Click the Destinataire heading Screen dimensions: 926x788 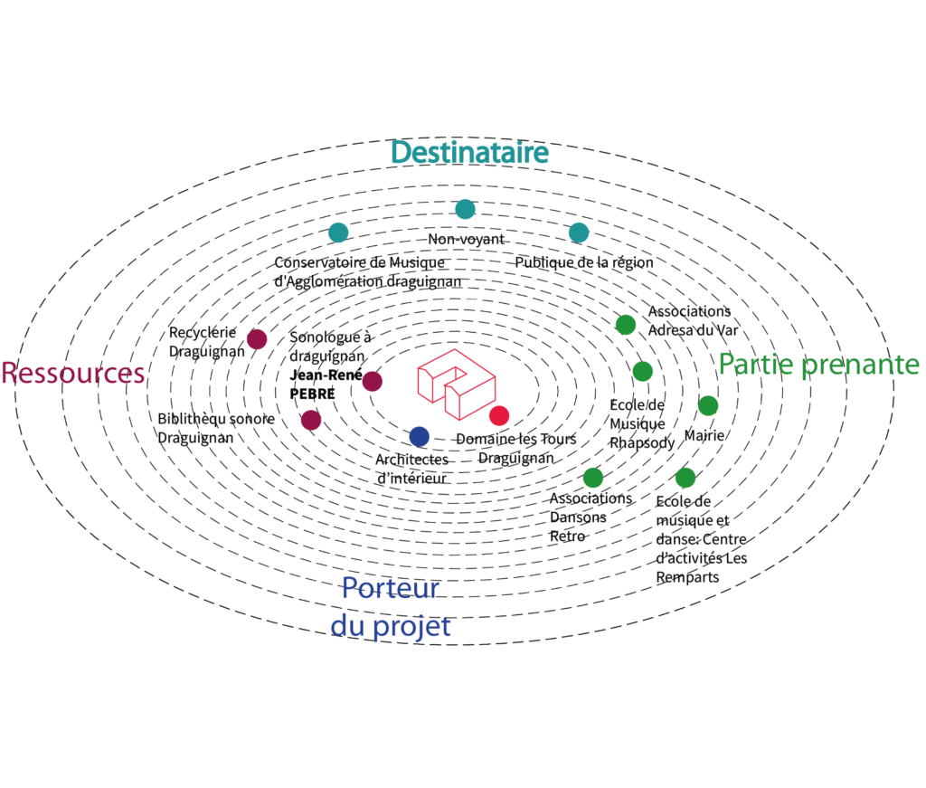(x=469, y=152)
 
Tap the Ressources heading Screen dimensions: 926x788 (x=73, y=374)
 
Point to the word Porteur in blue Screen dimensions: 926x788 (x=391, y=588)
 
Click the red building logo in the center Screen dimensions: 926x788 (x=457, y=384)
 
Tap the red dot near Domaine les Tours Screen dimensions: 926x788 (x=499, y=416)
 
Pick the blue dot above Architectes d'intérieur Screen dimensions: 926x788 (x=420, y=437)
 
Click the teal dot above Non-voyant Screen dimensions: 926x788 (x=466, y=209)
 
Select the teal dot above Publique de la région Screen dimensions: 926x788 (x=579, y=233)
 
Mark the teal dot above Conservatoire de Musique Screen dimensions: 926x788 (x=338, y=233)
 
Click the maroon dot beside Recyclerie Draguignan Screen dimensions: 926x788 (x=257, y=339)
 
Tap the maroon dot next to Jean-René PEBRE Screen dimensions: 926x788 (x=372, y=382)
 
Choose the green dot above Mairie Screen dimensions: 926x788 (x=708, y=406)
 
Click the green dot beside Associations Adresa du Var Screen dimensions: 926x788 (x=626, y=325)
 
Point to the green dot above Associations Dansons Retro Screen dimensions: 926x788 (x=593, y=478)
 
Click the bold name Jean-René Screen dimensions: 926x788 (x=326, y=375)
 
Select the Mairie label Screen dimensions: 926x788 (x=704, y=436)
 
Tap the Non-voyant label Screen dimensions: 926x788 (x=466, y=239)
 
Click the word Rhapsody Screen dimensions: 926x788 (x=642, y=443)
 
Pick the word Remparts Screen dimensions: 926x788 (x=687, y=578)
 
